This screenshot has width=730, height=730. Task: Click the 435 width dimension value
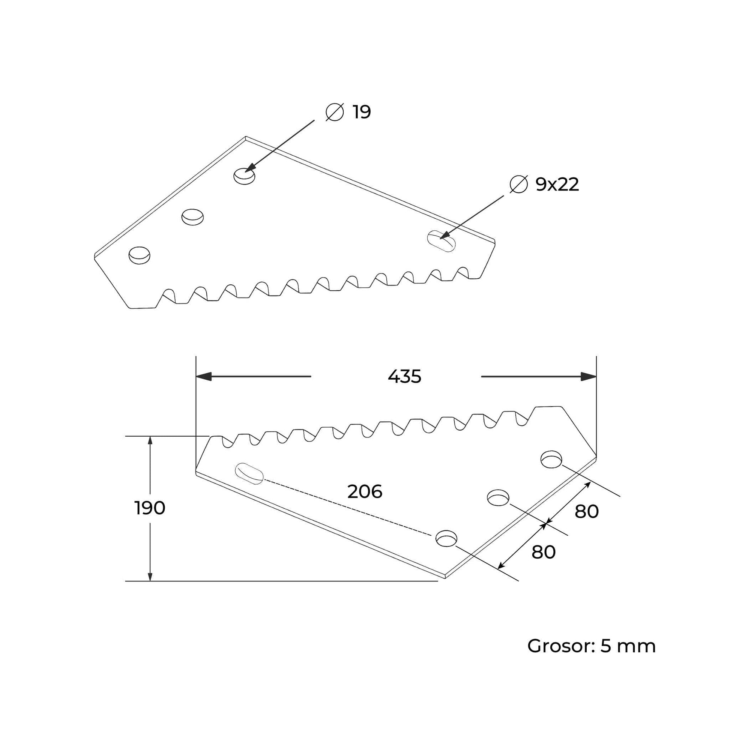tap(404, 377)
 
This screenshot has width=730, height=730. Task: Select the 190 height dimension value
tap(150, 508)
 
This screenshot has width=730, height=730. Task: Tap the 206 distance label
tap(365, 491)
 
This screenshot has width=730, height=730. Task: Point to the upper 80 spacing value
tap(587, 512)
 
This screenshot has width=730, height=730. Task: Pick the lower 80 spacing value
tap(543, 552)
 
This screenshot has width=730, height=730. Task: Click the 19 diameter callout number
tap(362, 112)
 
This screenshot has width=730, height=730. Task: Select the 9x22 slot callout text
tap(557, 185)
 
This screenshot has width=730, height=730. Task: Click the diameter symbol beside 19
tap(334, 112)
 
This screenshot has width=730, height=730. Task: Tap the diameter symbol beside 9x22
tap(518, 185)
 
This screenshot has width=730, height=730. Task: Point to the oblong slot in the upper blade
tap(441, 241)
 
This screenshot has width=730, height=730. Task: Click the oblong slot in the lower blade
tap(249, 473)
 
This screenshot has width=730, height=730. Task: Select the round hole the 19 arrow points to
tap(245, 176)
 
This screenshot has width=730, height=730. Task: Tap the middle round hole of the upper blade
tap(193, 217)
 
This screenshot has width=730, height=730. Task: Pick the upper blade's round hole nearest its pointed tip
tap(140, 255)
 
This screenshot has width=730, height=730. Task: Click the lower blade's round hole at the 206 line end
tap(446, 538)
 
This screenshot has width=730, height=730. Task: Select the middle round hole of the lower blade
tap(499, 498)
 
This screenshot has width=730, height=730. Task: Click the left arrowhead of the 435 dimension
tap(203, 376)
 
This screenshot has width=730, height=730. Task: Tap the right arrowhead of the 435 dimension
tap(589, 376)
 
